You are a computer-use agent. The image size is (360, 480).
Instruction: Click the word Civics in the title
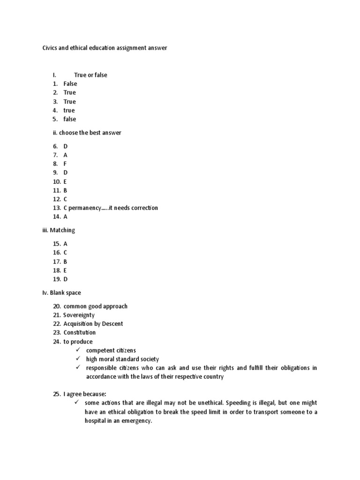point(50,48)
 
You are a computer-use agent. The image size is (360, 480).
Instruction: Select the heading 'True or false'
point(90,75)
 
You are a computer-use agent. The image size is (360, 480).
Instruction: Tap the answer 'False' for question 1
point(70,84)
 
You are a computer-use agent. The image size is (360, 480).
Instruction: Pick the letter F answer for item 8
point(65,164)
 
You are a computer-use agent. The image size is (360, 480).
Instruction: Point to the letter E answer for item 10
point(65,181)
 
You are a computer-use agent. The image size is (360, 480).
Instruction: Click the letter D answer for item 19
point(66,279)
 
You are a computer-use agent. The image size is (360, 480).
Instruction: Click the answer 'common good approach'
point(95,306)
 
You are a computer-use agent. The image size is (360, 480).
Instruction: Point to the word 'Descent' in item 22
point(112,324)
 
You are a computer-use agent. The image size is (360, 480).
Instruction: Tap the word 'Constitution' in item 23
point(79,333)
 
